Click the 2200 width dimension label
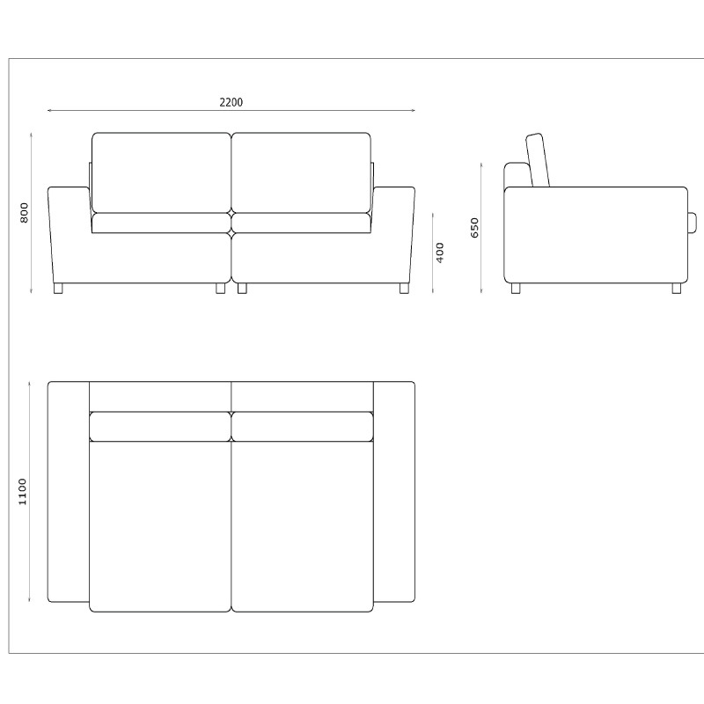point(231,102)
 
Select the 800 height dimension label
point(25,213)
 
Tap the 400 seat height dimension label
point(440,253)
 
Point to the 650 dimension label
point(475,228)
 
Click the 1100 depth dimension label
point(23,492)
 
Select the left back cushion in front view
point(161,172)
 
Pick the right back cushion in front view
point(301,172)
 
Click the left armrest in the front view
point(71,235)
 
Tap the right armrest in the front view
point(392,235)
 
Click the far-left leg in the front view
point(58,289)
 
